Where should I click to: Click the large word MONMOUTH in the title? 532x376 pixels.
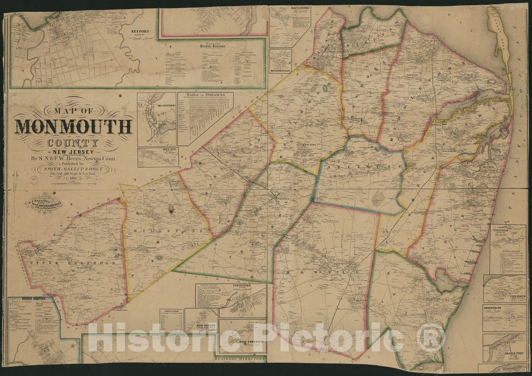click(74, 127)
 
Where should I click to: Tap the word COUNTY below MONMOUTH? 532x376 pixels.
click(74, 143)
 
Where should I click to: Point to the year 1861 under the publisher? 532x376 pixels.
click(73, 179)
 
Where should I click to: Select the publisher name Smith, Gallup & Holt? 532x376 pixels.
click(74, 169)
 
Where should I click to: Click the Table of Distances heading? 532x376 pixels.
click(205, 95)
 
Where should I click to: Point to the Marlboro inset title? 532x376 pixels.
click(287, 8)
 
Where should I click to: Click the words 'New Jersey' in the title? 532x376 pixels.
click(74, 151)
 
